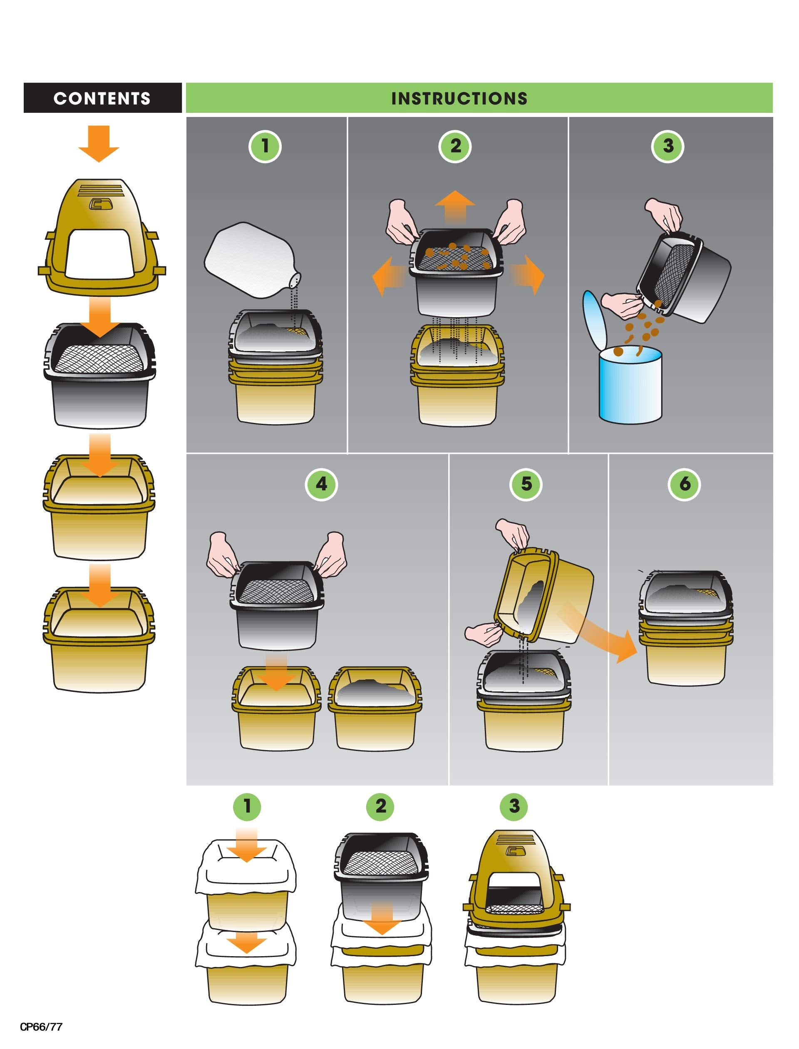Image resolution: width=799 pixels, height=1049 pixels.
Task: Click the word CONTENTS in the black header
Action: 102,99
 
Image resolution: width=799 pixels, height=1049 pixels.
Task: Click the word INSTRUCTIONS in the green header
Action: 459,99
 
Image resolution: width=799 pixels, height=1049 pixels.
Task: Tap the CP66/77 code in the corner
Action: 41,1026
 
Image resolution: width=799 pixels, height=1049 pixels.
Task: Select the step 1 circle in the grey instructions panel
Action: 266,146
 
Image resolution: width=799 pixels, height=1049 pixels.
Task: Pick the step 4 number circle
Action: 322,484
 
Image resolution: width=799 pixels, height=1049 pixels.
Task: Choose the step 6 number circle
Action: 685,484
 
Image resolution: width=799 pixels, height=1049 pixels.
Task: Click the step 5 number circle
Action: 526,484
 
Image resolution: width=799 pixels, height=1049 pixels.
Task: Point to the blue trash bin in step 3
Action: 630,385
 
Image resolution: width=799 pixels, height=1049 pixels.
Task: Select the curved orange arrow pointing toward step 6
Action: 599,633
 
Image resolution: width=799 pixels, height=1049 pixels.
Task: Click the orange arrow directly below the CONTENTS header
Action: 99,143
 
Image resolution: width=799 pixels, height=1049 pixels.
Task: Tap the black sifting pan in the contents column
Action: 100,376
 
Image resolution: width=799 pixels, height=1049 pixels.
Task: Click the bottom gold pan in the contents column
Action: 99,637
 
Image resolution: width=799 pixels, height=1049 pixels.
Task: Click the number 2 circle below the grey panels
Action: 380,806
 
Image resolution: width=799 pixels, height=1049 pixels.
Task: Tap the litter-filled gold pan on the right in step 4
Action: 375,709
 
